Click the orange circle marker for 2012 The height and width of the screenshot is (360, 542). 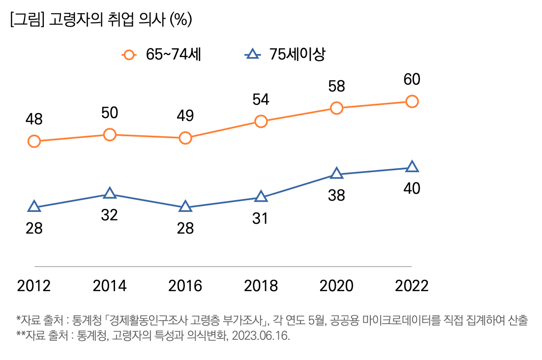[x=34, y=142]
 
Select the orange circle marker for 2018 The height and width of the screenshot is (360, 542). [x=261, y=121]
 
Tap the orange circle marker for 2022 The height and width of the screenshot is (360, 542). [x=412, y=102]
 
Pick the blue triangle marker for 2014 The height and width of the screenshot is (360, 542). [x=110, y=194]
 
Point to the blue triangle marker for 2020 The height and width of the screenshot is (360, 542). [x=336, y=174]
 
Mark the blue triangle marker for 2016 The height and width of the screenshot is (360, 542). [x=185, y=207]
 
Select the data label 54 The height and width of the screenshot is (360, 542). [x=260, y=99]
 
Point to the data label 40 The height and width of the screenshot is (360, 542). [x=411, y=188]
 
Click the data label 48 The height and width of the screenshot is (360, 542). [x=33, y=119]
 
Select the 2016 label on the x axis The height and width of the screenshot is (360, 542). [x=185, y=286]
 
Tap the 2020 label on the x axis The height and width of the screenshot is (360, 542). [x=336, y=286]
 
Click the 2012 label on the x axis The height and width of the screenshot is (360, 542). [x=34, y=286]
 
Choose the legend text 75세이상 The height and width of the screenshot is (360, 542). [x=297, y=55]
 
